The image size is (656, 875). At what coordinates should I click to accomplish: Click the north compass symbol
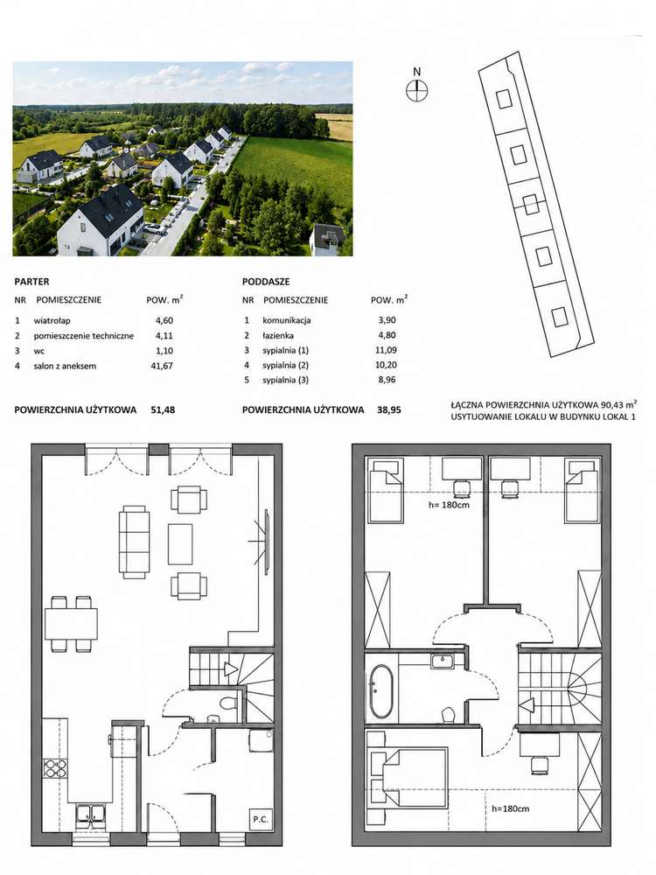[416, 90]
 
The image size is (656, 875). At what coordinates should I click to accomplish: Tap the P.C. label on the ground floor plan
[260, 820]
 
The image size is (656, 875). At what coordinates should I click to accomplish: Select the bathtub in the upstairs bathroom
[381, 691]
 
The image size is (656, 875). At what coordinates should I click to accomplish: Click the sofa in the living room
[135, 542]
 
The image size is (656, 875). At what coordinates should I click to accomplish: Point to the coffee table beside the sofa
[180, 543]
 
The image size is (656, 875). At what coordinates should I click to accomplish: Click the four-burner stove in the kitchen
[55, 768]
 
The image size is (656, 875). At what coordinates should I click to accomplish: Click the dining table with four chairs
[71, 623]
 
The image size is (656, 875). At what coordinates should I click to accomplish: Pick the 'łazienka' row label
[278, 335]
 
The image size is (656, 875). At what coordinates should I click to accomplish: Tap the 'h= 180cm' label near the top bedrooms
[449, 505]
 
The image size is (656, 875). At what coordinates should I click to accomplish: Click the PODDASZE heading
[266, 282]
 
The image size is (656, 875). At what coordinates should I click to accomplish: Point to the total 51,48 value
[163, 409]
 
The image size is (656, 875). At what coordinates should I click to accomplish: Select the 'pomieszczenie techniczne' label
[84, 336]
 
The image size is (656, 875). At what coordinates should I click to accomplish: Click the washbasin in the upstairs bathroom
[443, 661]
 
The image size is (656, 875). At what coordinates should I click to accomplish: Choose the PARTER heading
[31, 282]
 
